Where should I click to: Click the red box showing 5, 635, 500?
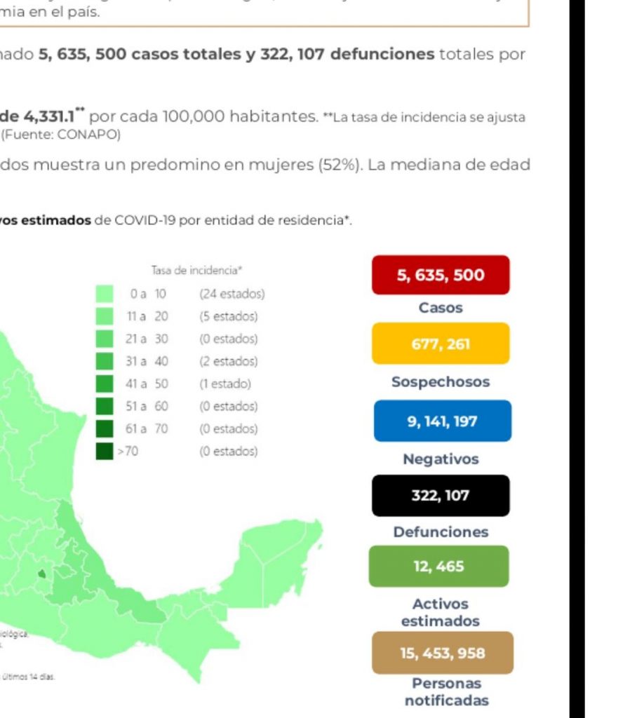pos(441,275)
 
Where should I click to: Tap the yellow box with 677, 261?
pos(441,344)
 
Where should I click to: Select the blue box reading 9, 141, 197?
pos(442,421)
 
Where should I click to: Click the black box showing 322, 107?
pos(441,495)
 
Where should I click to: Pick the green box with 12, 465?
pos(439,566)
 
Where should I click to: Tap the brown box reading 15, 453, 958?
pos(443,653)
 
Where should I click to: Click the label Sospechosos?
pos(441,382)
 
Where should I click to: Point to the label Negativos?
pos(441,459)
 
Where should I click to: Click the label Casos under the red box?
pos(441,308)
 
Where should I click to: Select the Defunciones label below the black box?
pos(441,532)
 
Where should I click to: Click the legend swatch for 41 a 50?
pos(105,384)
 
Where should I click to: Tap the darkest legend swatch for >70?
pos(105,451)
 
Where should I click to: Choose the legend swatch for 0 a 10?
pos(105,294)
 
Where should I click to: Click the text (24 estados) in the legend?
pos(232,294)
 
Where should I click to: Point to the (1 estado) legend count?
pos(224,384)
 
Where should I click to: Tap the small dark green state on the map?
pos(41,574)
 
